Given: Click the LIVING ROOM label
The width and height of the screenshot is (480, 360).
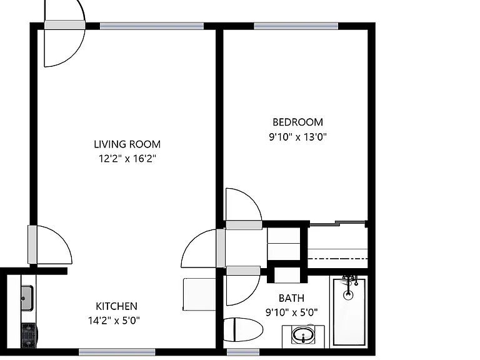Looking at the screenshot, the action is pyautogui.click(x=127, y=144).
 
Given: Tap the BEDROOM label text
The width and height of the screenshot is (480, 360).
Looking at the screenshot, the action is pyautogui.click(x=297, y=122).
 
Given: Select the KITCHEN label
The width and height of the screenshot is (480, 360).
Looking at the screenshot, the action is pyautogui.click(x=116, y=306).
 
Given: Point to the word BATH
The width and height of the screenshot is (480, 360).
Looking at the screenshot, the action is pyautogui.click(x=291, y=298).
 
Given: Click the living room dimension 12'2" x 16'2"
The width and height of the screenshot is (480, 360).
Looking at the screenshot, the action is pyautogui.click(x=127, y=159).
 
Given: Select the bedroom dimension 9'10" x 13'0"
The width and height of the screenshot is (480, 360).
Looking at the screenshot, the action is pyautogui.click(x=298, y=136).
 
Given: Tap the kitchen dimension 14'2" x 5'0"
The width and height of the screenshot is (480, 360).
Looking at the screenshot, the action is pyautogui.click(x=114, y=321).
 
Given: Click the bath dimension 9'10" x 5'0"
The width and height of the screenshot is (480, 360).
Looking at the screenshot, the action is pyautogui.click(x=291, y=312).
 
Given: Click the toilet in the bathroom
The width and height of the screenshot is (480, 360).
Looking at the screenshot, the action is pyautogui.click(x=243, y=330).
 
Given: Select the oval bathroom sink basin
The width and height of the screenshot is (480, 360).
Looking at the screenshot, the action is pyautogui.click(x=303, y=335).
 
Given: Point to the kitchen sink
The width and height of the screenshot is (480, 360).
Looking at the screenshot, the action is pyautogui.click(x=27, y=298).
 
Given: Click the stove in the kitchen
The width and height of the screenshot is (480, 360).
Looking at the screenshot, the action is pyautogui.click(x=29, y=336).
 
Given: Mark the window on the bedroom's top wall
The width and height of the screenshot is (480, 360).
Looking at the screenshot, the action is pyautogui.click(x=296, y=26).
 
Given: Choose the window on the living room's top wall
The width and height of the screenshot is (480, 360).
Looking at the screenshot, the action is pyautogui.click(x=152, y=26).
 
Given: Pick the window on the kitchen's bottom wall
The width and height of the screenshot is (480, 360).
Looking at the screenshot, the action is pyautogui.click(x=117, y=352).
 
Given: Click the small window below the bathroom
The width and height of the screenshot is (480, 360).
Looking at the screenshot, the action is pyautogui.click(x=243, y=352).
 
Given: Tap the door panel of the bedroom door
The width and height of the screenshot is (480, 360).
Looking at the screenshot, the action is pyautogui.click(x=244, y=225).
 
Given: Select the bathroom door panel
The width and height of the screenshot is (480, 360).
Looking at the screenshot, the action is pyautogui.click(x=243, y=271).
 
